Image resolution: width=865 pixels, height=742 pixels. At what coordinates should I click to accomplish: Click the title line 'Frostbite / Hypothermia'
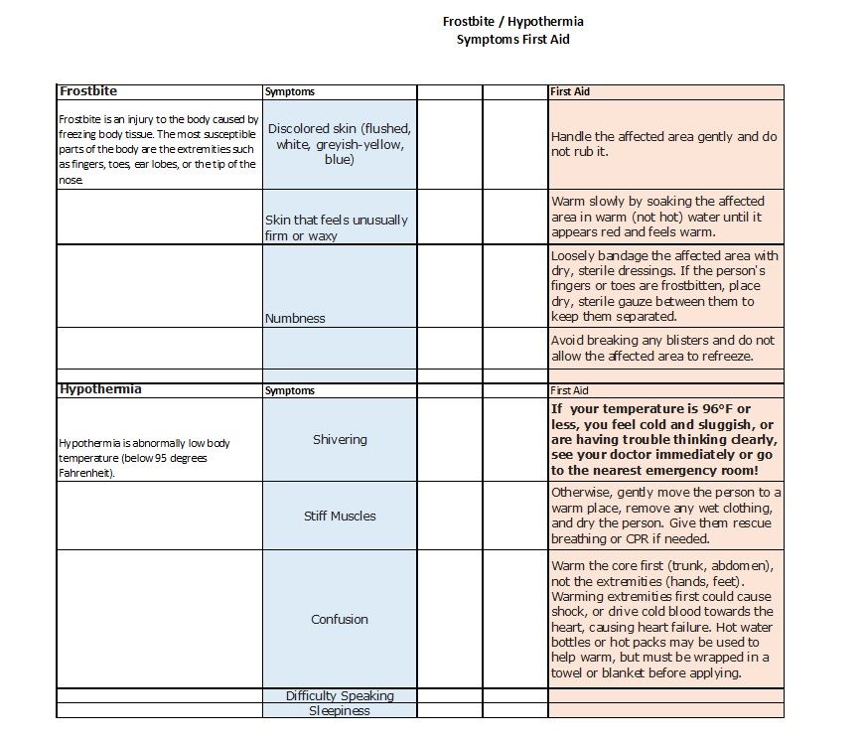[x=512, y=21]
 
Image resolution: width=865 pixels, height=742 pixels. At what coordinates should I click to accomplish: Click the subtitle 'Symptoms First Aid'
[x=512, y=40]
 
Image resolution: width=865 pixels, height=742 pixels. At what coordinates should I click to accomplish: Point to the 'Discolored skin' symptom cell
[x=340, y=144]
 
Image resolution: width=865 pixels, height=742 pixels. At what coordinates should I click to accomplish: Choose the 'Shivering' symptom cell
[x=340, y=439]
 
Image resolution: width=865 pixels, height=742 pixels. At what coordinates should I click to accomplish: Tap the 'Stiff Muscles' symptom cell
[x=340, y=516]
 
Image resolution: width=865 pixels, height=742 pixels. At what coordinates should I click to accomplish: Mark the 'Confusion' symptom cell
[x=340, y=619]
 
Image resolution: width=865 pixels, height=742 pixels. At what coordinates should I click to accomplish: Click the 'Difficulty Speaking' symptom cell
[x=340, y=695]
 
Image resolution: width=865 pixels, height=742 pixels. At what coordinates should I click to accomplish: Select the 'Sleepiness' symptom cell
[x=340, y=710]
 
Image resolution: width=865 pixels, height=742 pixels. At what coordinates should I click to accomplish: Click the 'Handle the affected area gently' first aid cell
[x=664, y=144]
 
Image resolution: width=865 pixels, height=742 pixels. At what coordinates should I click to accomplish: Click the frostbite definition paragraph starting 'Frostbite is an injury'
[x=159, y=149]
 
